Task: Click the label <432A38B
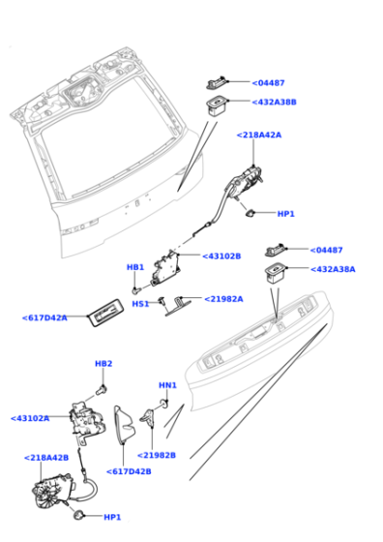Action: click(x=276, y=103)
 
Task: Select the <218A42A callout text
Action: click(x=258, y=135)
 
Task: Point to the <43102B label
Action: click(x=221, y=256)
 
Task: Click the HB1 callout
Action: click(x=135, y=267)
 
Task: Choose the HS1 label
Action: click(x=140, y=303)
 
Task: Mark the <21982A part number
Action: click(x=223, y=299)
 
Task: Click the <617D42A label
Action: click(x=44, y=317)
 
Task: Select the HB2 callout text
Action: click(x=103, y=364)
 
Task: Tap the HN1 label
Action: click(x=167, y=385)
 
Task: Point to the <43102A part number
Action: click(x=30, y=418)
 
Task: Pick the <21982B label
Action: click(x=157, y=455)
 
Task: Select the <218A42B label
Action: click(x=45, y=457)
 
